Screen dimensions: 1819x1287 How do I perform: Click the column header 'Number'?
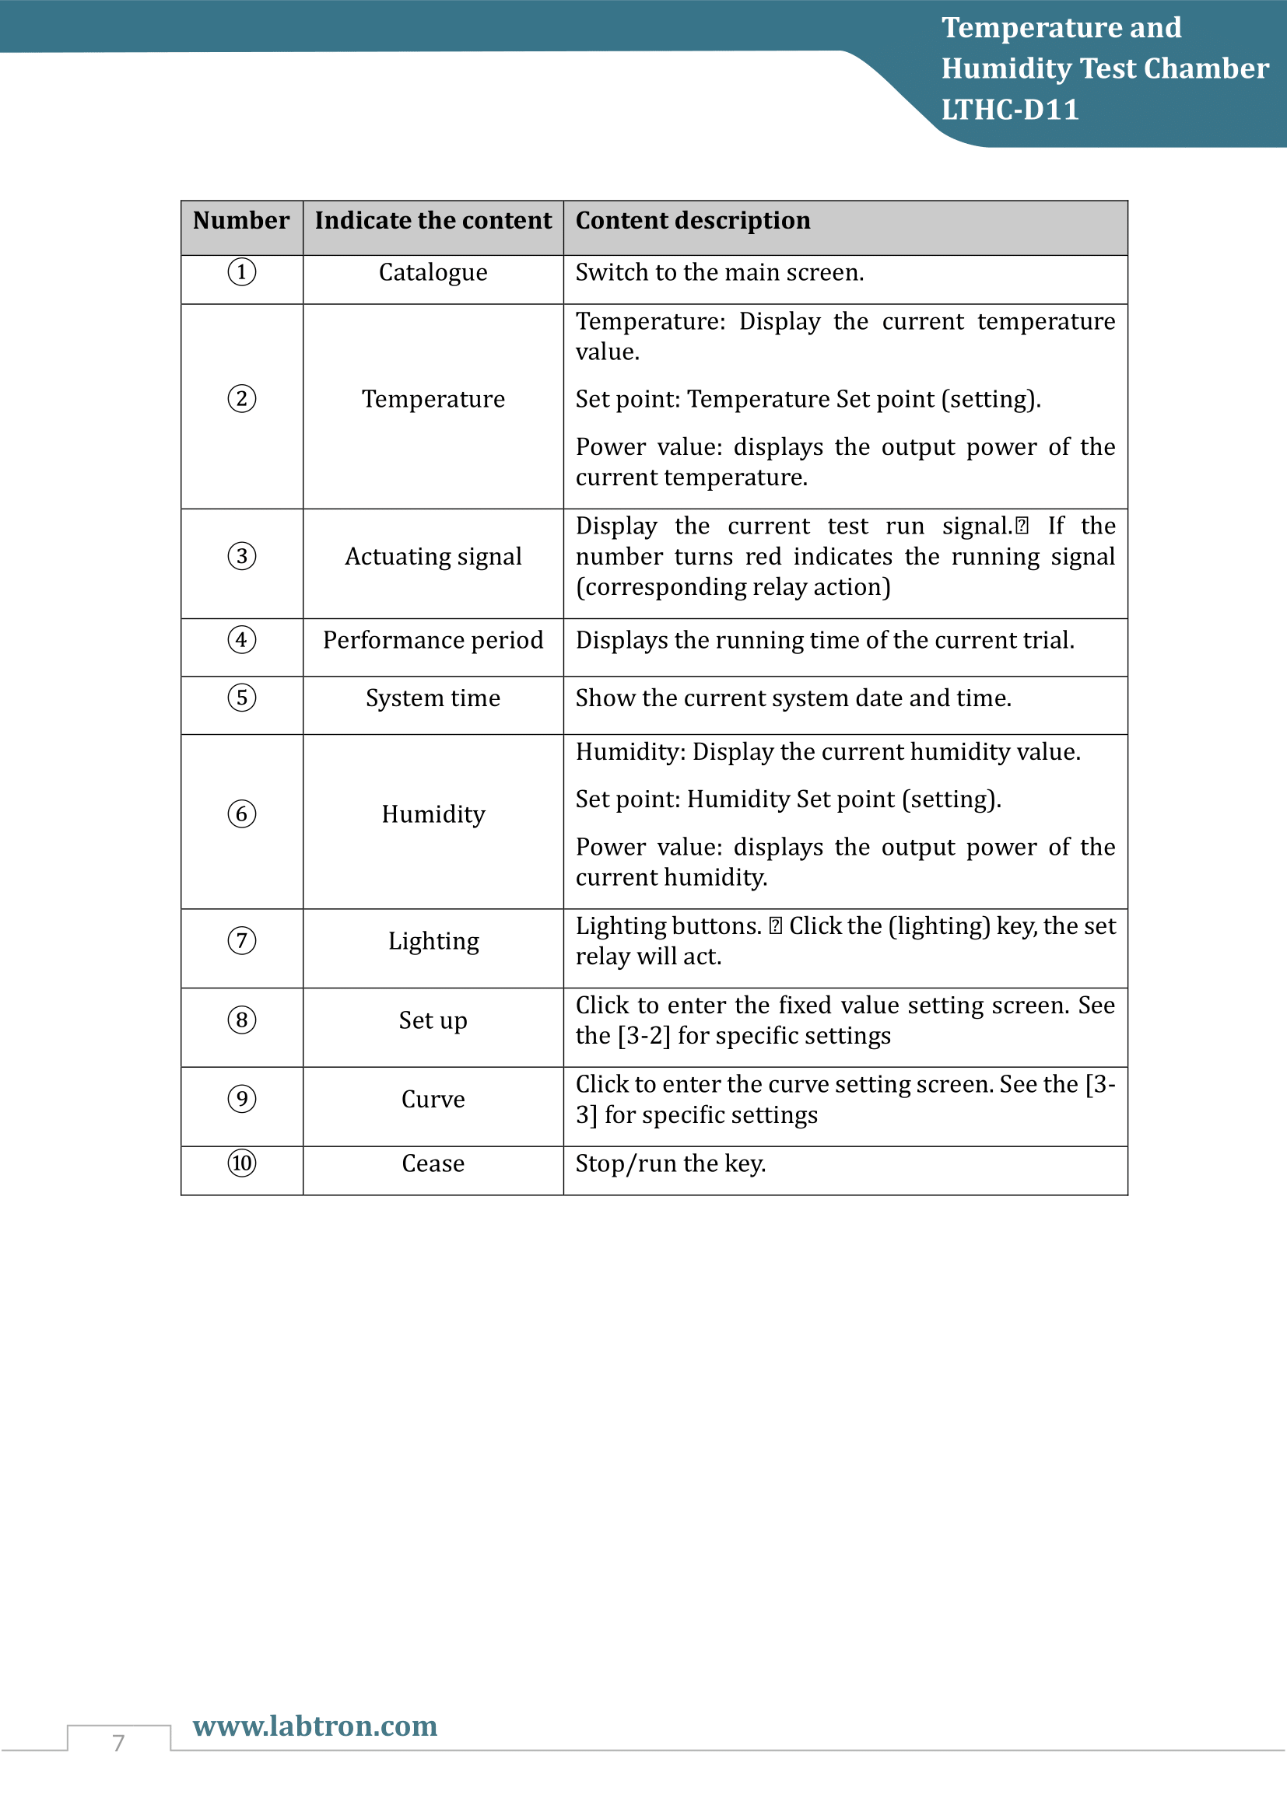coord(241,220)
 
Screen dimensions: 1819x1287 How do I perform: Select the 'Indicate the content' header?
coord(433,220)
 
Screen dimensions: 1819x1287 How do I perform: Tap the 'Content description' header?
coord(693,220)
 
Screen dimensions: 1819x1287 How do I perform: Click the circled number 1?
coord(242,272)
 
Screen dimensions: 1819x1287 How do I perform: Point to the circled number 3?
coord(242,556)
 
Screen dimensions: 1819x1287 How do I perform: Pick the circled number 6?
coord(242,814)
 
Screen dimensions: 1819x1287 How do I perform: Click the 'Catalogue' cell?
coord(433,272)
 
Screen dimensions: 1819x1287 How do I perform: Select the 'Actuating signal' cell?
coord(433,557)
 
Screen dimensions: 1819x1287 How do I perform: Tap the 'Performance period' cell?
coord(433,640)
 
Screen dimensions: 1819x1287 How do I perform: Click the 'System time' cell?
coord(433,698)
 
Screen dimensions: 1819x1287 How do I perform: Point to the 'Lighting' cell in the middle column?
coord(433,941)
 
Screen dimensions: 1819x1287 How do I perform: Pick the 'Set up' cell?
coord(433,1020)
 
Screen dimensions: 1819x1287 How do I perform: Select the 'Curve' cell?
coord(433,1100)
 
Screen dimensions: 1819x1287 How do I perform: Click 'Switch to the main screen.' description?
coord(720,272)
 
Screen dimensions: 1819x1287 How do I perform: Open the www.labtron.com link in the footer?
coord(314,1726)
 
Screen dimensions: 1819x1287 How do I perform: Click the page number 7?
coord(119,1743)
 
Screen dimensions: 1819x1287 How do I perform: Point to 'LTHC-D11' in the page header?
coord(1010,110)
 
